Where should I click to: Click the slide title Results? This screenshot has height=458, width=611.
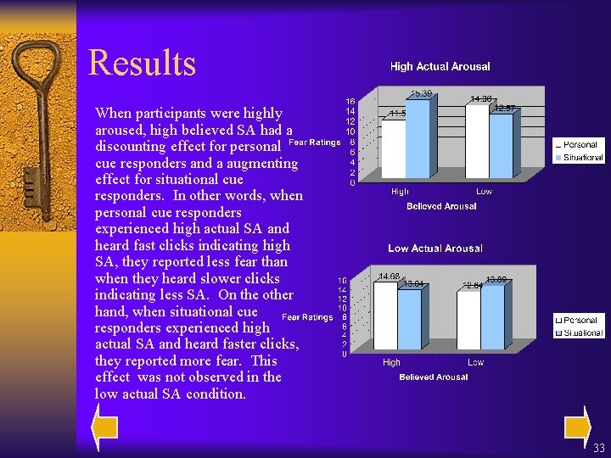point(142,64)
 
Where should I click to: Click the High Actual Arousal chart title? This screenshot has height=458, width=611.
point(440,66)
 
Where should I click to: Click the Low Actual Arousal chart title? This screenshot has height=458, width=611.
point(434,249)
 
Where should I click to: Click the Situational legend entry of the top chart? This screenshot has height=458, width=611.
point(582,157)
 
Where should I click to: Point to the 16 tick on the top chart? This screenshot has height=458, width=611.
point(349,101)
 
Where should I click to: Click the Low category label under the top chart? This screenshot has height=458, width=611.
point(484,192)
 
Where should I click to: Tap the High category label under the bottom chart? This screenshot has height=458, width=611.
point(391,362)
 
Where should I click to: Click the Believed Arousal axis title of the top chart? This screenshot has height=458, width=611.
point(441,206)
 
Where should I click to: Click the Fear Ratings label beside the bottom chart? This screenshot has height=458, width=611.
point(306,317)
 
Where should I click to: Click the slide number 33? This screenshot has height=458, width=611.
point(599,448)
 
